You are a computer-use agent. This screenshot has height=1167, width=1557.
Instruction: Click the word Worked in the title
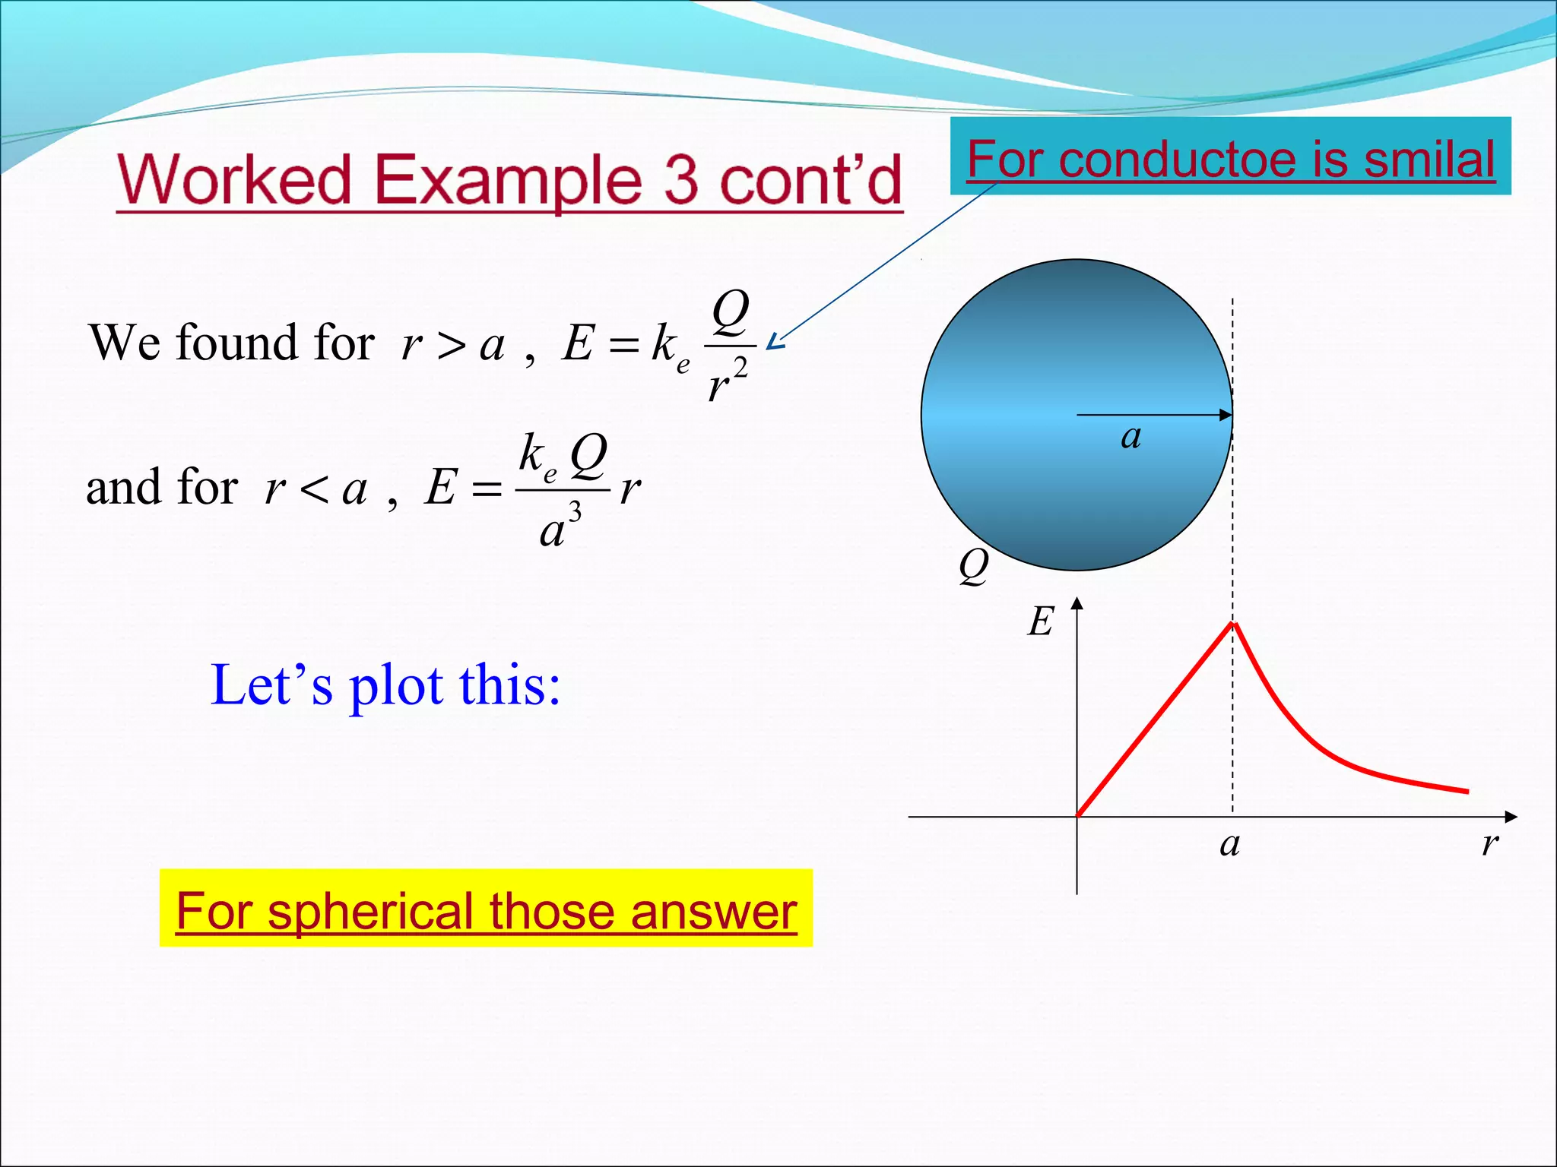[234, 181]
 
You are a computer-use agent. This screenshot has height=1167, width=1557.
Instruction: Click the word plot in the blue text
[395, 686]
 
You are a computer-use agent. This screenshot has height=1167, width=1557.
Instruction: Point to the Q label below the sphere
[973, 566]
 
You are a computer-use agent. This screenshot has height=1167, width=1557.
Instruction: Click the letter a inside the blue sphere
[1130, 438]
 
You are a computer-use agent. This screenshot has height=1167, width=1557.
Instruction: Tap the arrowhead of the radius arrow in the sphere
[1226, 415]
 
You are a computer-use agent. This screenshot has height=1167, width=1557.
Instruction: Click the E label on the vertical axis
[1041, 621]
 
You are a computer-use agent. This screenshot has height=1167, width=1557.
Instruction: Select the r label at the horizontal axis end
[1489, 843]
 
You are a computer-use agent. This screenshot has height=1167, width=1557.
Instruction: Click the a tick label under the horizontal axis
[1229, 844]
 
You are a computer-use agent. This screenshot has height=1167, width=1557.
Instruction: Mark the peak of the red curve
[1234, 624]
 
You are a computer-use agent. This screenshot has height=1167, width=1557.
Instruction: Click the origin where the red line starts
[1077, 816]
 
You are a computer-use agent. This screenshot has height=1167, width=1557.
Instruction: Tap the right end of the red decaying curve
[1467, 792]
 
